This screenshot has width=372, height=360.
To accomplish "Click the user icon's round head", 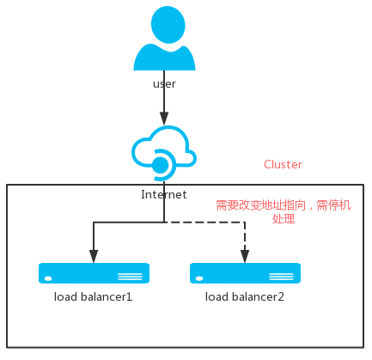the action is click(168, 25).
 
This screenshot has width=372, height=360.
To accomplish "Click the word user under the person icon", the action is click(164, 84).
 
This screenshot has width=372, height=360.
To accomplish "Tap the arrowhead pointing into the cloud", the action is click(164, 119).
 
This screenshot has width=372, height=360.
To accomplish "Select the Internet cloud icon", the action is click(164, 153).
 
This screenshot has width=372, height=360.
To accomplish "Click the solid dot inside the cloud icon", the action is click(160, 165).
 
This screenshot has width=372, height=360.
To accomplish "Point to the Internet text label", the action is click(164, 195).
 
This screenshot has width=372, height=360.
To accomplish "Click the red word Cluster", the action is click(283, 164).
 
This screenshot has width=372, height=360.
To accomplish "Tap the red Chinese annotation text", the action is click(284, 212).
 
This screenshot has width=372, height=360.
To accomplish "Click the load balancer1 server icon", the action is click(94, 273).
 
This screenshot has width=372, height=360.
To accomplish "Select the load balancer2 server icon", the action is click(245, 273).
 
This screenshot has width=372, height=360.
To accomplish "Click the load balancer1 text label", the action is click(94, 297).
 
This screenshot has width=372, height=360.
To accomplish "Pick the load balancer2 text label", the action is click(245, 297).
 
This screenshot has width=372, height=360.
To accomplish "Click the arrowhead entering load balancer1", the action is click(94, 256).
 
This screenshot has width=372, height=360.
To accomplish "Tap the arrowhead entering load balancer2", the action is click(245, 256).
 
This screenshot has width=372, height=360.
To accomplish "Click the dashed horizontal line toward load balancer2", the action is click(204, 222).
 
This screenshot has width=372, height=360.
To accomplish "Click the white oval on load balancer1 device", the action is click(48, 278).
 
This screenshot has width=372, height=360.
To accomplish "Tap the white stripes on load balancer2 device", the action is click(281, 277).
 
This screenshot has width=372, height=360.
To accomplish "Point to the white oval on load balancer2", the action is click(199, 278).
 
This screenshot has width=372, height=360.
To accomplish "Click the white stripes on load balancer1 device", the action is click(130, 277).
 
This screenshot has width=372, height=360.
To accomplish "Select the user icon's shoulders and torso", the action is click(164, 58).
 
